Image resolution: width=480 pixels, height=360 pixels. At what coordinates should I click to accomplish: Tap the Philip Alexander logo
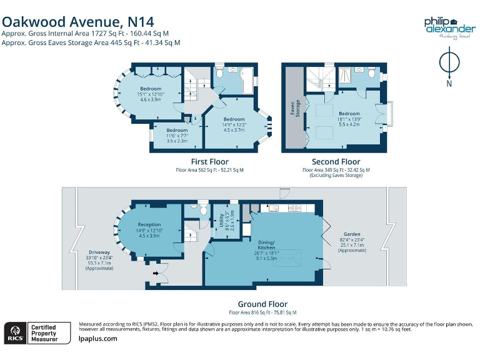point(449,28)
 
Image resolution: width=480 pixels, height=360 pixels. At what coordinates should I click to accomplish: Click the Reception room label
point(149,224)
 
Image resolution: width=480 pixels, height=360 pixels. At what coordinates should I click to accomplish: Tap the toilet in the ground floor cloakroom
point(202,207)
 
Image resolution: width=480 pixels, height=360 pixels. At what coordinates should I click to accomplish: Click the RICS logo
point(16,332)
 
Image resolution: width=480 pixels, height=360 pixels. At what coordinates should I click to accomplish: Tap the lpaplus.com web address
point(98,339)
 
